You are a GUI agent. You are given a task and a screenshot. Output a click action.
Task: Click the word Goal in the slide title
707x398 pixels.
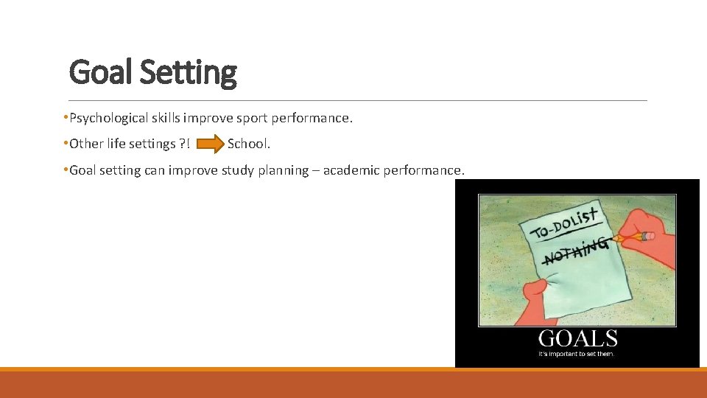click(x=100, y=73)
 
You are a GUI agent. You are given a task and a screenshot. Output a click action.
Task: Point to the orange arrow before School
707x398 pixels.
click(x=210, y=143)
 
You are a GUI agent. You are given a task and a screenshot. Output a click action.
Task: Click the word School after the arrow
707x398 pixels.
click(x=249, y=143)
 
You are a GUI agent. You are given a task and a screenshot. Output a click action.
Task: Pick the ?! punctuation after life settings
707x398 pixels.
click(x=183, y=143)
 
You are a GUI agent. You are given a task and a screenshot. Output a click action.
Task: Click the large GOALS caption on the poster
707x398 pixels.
click(x=577, y=339)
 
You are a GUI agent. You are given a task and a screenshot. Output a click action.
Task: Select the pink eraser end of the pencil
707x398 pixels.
click(x=647, y=236)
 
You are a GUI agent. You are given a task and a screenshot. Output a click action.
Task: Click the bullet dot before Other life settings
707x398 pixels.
click(x=66, y=143)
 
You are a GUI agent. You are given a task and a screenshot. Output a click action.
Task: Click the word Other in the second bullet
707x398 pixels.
click(x=86, y=143)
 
